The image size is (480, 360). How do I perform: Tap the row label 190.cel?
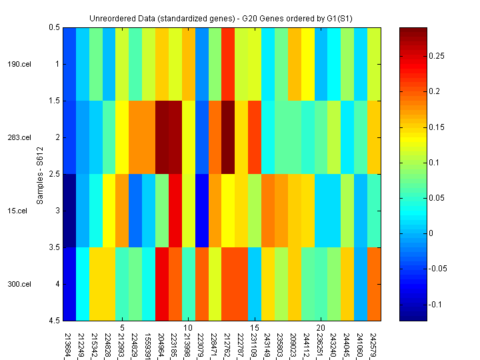click(19, 64)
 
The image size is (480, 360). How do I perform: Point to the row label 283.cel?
click(19, 137)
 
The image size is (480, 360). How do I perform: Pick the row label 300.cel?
click(19, 284)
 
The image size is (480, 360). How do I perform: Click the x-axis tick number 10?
click(188, 328)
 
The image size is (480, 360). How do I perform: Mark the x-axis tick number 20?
click(321, 328)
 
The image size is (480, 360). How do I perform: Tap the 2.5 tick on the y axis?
click(54, 174)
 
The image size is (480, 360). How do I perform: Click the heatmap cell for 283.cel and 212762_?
click(228, 137)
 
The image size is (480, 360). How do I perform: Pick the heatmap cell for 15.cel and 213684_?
click(69, 211)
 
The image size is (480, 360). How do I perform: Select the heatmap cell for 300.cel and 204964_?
click(162, 284)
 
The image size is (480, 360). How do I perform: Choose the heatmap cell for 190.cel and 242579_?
click(374, 64)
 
